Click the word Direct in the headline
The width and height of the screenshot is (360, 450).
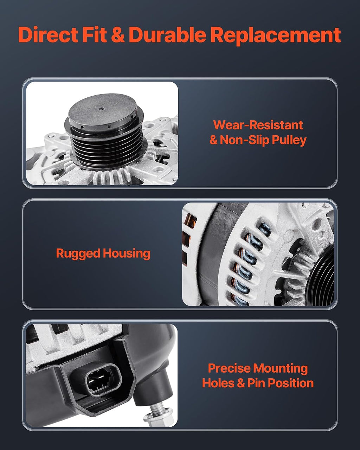(x=48, y=34)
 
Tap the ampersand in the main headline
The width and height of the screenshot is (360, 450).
(x=118, y=35)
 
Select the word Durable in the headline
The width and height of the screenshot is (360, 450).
(x=167, y=34)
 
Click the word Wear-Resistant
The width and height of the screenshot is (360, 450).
(x=258, y=125)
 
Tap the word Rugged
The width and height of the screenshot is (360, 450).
(x=78, y=254)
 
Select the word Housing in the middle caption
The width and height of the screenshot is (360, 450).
(x=127, y=253)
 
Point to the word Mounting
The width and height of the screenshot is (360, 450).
(x=280, y=369)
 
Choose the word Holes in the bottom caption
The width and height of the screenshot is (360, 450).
(x=218, y=383)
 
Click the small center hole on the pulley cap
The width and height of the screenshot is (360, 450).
(x=102, y=109)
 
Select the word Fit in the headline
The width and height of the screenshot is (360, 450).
(x=94, y=34)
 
